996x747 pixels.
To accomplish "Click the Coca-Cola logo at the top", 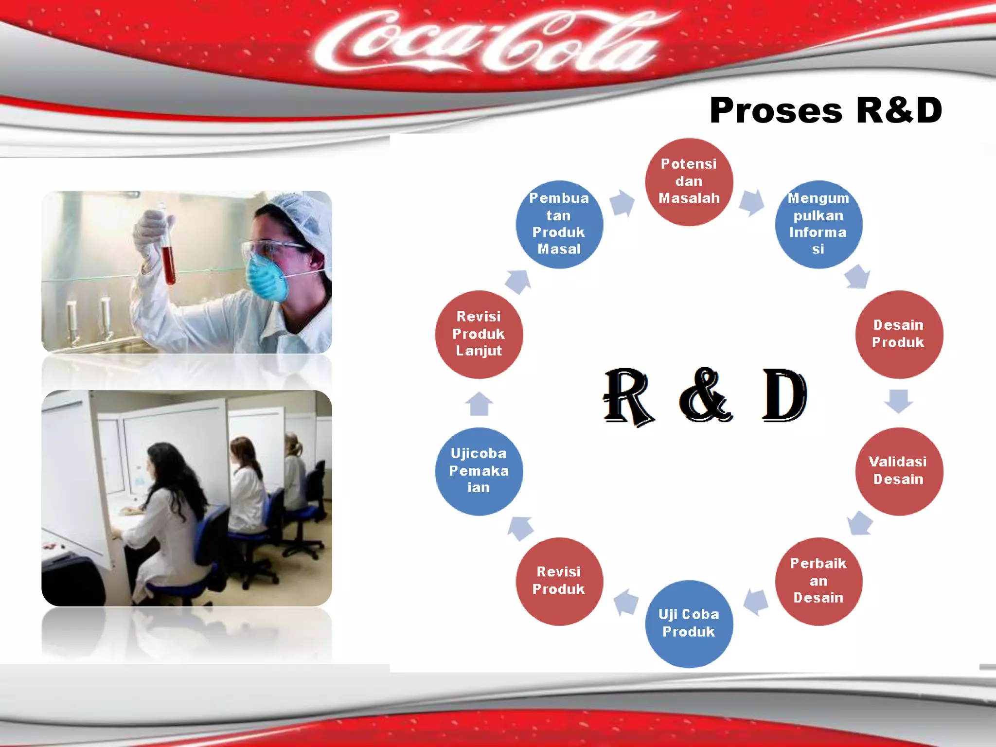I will pyautogui.click(x=486, y=44).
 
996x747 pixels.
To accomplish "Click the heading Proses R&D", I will pyautogui.click(x=825, y=110).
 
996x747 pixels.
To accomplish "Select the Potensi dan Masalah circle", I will pyautogui.click(x=689, y=181).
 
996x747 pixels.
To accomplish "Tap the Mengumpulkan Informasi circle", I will pyautogui.click(x=818, y=224).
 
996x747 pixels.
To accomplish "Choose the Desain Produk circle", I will pyautogui.click(x=899, y=334).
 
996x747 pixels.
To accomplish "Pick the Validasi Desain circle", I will pyautogui.click(x=899, y=471).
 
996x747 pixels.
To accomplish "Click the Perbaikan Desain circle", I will pyautogui.click(x=818, y=581).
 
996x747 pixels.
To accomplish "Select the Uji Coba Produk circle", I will pyautogui.click(x=689, y=623).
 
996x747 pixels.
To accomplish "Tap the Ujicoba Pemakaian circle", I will pyautogui.click(x=479, y=471).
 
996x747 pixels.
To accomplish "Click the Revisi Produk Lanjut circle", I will pyautogui.click(x=479, y=334).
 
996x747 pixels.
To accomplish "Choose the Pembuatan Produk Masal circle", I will pyautogui.click(x=559, y=224).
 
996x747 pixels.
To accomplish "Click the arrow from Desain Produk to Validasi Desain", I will pyautogui.click(x=898, y=401).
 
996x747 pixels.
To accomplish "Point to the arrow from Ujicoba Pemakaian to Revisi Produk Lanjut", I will pyautogui.click(x=479, y=403).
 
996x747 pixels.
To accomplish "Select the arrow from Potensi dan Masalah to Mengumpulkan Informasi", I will pyautogui.click(x=752, y=202).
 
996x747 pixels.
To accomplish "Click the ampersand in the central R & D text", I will pyautogui.click(x=705, y=395).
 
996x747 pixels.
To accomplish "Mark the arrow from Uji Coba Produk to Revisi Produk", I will pyautogui.click(x=626, y=602).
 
